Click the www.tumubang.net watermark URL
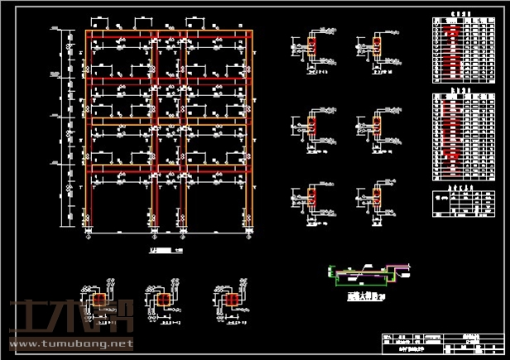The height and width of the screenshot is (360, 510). coord(70,343)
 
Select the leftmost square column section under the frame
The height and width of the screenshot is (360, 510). coord(99,300)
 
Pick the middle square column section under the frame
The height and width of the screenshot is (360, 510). coord(162,300)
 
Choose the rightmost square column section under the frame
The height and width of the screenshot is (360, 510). coord(233,300)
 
